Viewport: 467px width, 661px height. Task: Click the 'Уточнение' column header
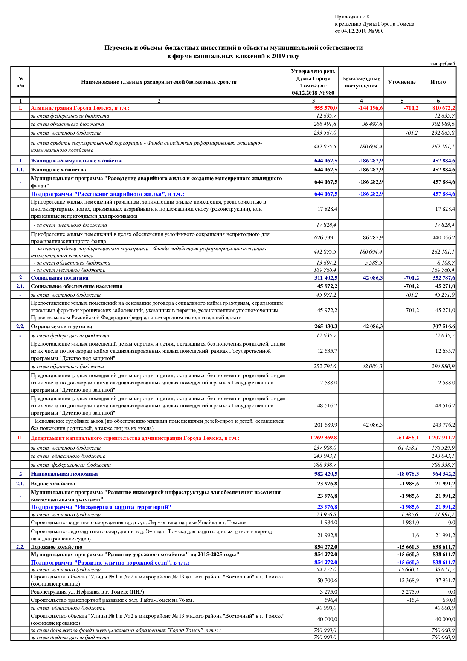click(x=401, y=82)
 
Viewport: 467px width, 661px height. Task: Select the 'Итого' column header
click(x=438, y=82)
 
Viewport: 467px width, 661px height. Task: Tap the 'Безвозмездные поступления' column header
click(x=361, y=82)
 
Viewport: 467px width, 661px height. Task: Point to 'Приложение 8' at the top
click(x=352, y=17)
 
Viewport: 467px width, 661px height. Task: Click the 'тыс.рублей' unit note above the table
click(x=443, y=64)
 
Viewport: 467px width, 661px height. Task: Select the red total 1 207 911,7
click(x=441, y=438)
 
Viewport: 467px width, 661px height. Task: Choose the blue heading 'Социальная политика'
click(x=60, y=278)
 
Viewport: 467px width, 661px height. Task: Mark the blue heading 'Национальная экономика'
click(x=64, y=474)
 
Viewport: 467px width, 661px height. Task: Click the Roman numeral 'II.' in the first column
click(x=20, y=438)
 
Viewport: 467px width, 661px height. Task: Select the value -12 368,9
click(x=408, y=580)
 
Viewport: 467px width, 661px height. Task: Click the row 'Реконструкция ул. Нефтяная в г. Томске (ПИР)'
click(x=87, y=592)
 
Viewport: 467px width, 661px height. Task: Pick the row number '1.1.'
click(x=20, y=170)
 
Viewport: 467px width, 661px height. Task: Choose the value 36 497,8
click(x=372, y=124)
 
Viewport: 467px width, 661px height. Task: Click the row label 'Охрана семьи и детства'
click(x=61, y=327)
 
